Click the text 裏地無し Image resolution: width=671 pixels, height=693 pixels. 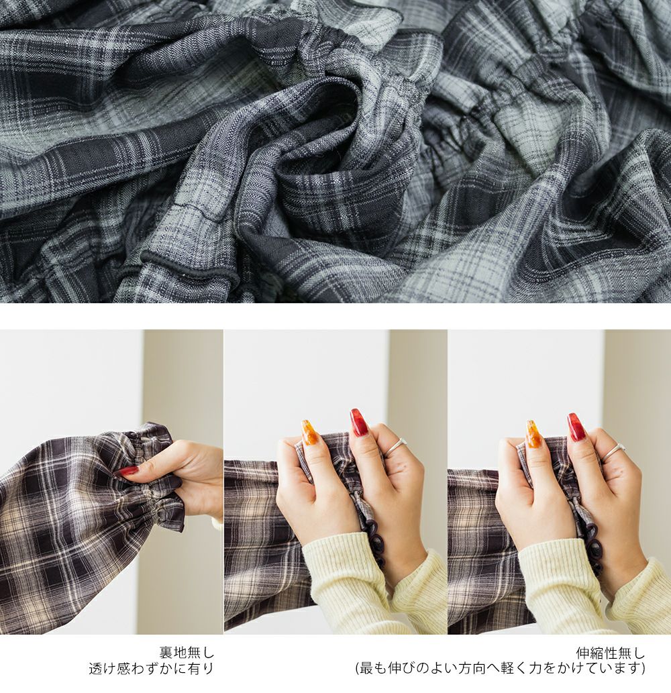tap(187, 652)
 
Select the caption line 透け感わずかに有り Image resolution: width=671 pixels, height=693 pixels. tap(152, 668)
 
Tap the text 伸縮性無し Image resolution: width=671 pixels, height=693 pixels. tap(611, 652)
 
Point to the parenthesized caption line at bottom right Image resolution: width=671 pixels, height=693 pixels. tap(501, 668)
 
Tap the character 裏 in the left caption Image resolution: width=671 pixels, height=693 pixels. tap(166, 652)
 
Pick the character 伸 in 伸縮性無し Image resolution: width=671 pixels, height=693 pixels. tap(582, 652)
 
